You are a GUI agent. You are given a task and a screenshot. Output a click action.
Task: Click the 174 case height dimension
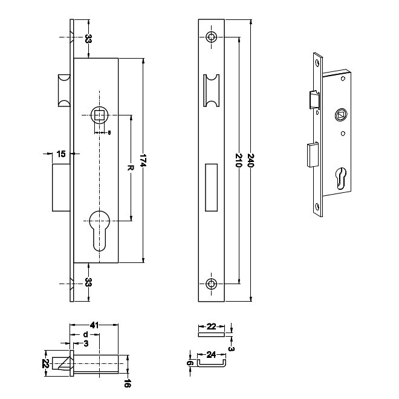[x=143, y=161]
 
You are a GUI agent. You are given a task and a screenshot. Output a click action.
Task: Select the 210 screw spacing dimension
[x=239, y=161]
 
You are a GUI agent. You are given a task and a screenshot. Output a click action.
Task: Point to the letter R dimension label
[x=129, y=167]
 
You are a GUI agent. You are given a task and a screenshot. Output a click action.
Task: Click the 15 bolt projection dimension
[x=60, y=154]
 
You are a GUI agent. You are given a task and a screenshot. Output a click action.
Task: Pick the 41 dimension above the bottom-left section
[x=94, y=325]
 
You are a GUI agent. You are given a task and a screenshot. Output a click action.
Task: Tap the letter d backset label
[x=85, y=334]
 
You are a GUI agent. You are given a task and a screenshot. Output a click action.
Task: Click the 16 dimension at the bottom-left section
[x=128, y=383]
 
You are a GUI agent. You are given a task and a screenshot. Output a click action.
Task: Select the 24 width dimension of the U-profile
[x=209, y=355]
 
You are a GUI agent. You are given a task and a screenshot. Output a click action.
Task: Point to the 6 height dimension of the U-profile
[x=189, y=363]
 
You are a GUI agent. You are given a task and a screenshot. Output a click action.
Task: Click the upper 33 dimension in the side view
[x=88, y=39]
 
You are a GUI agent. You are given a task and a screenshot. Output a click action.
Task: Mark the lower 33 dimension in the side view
[x=88, y=282]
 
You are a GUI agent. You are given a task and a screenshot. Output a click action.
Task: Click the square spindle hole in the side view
[x=99, y=115]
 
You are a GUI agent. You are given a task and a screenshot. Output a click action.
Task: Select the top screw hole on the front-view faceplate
[x=212, y=37]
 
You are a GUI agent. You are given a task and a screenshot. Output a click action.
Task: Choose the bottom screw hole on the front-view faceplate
[x=212, y=284]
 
